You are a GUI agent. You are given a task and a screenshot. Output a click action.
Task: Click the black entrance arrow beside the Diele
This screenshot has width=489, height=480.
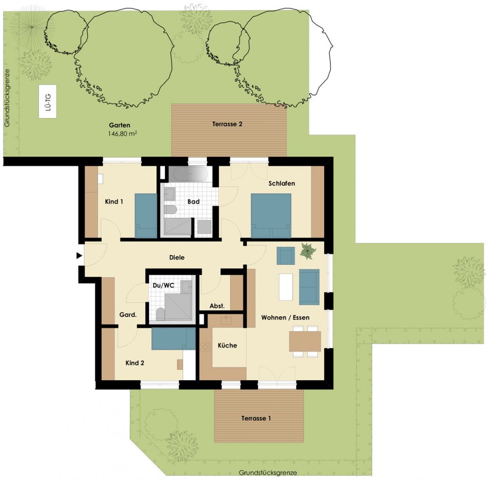[79, 256]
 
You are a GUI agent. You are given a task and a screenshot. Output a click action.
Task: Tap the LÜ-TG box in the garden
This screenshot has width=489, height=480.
[48, 102]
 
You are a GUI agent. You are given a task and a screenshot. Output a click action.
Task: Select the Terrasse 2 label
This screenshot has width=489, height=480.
[227, 124]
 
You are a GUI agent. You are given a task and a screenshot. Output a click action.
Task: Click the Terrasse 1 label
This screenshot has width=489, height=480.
[256, 418]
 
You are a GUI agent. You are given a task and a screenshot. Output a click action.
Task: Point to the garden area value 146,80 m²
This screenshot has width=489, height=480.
[123, 134]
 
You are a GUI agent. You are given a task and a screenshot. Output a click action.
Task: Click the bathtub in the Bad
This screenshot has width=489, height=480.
[190, 174]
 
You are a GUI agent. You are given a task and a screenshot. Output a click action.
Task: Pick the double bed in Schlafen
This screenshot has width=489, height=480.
[271, 216]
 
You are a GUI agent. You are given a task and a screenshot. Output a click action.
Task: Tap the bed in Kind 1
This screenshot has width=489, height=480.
[146, 216]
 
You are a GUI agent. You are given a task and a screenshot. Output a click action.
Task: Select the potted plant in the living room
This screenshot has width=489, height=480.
[308, 251]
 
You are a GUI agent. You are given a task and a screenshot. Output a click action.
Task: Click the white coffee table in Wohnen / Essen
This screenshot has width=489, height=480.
[286, 287]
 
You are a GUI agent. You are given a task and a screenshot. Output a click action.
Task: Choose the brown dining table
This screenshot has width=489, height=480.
[305, 341]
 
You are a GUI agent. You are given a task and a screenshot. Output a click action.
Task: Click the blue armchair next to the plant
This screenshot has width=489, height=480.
[286, 256]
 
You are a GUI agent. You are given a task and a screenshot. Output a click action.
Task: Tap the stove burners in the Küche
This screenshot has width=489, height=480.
[205, 347]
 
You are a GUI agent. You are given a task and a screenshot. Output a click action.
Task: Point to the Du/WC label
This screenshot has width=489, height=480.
[163, 285]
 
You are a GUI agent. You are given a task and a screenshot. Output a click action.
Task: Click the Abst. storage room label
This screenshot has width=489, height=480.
[217, 306]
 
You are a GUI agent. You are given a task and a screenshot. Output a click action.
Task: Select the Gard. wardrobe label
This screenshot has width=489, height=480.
[128, 315]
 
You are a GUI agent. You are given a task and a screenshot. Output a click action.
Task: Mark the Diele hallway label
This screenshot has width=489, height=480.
[177, 258]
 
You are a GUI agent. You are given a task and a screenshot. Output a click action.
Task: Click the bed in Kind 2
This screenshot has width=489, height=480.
[174, 339]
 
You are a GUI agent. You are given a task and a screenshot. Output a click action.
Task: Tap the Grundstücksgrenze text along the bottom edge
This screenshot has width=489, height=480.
[268, 473]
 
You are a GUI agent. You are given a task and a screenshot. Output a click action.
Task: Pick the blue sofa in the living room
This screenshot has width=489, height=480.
[310, 287]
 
